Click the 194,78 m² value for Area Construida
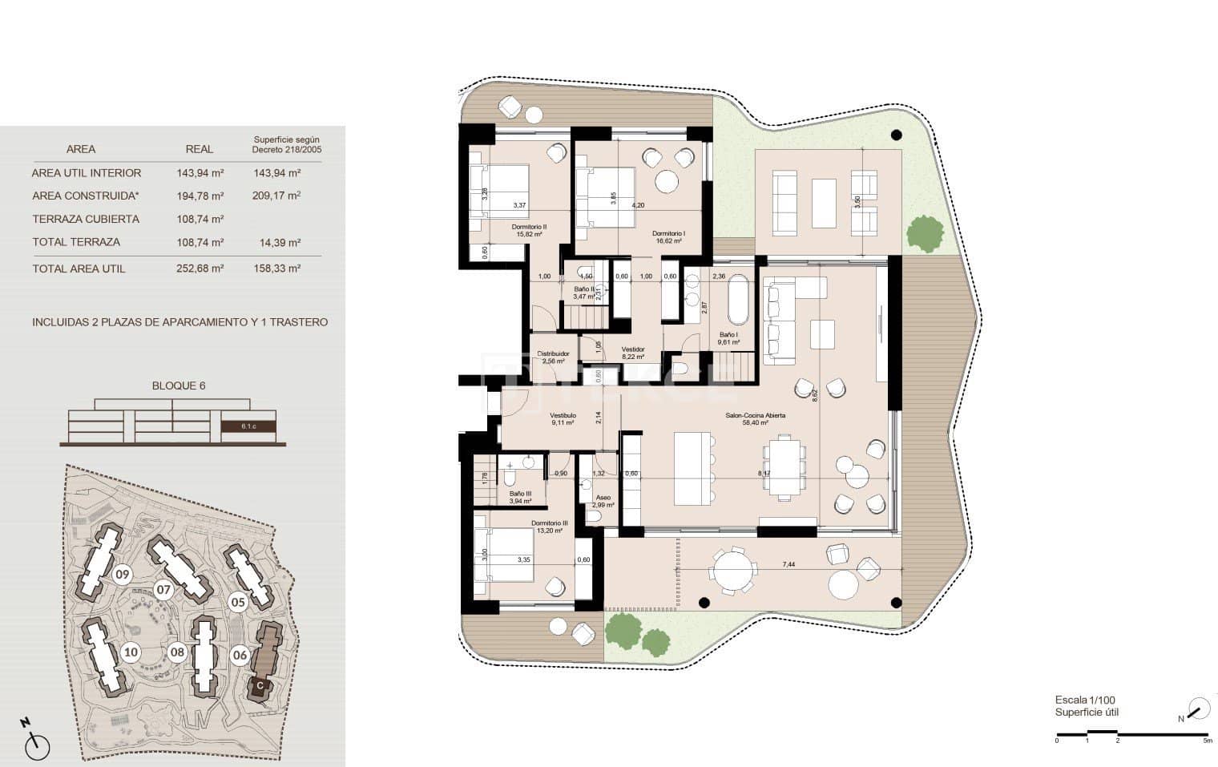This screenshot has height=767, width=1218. point(200,196)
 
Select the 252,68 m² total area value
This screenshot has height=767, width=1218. point(200,268)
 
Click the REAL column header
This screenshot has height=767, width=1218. point(200,149)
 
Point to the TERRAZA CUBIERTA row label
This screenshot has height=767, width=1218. point(86,219)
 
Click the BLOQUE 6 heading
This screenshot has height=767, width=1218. point(179,386)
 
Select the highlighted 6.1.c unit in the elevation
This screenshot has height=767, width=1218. point(248,426)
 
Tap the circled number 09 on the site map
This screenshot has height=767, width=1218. point(122,574)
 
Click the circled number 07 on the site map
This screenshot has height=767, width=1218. point(163,591)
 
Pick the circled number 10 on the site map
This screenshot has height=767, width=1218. point(131,652)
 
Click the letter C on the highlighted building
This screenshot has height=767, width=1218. point(259,686)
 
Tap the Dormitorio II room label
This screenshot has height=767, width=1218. point(529,227)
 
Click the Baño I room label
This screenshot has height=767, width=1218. point(728,335)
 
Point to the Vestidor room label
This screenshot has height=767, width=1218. point(633,349)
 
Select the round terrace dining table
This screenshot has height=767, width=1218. point(731,571)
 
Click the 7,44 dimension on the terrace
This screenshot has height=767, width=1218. point(789,565)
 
